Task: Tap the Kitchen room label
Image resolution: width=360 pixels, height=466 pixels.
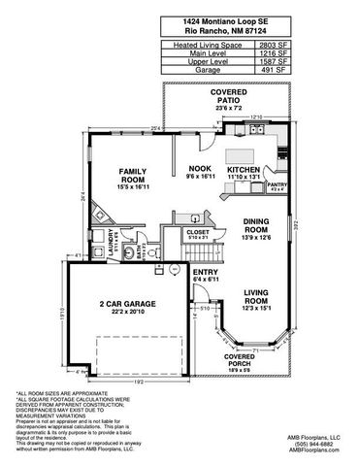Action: pos(244,169)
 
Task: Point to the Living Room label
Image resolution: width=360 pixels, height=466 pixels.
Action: pos(256,297)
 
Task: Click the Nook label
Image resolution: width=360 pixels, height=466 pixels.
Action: pos(199,169)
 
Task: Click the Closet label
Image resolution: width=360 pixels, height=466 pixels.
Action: pos(198,233)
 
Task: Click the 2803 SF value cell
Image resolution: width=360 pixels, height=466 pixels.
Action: pos(274,45)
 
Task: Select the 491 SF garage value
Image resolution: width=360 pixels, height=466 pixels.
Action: pos(274,71)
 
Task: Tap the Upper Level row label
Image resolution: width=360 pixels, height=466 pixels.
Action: pos(202,62)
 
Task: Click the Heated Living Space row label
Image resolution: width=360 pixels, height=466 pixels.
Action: pos(202,45)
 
